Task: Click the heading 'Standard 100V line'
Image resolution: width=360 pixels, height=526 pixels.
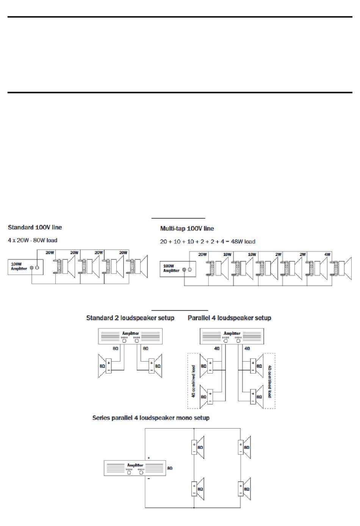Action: pyautogui.click(x=35, y=228)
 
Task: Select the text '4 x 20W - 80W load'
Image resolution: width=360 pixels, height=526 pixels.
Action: pyautogui.click(x=33, y=240)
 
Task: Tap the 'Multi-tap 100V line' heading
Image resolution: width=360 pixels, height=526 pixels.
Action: pyautogui.click(x=187, y=229)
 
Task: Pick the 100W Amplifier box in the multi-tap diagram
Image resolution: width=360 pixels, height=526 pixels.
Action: pyautogui.click(x=178, y=269)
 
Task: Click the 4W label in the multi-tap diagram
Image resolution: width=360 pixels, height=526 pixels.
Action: pyautogui.click(x=327, y=254)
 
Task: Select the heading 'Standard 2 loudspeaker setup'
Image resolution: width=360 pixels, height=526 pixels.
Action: pyautogui.click(x=130, y=318)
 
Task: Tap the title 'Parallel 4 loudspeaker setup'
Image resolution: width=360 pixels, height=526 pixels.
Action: pyautogui.click(x=229, y=318)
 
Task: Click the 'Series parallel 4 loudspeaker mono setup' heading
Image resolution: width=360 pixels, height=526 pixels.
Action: pyautogui.click(x=151, y=418)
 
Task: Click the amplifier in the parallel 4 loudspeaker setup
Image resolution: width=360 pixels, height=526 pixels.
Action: pyautogui.click(x=232, y=336)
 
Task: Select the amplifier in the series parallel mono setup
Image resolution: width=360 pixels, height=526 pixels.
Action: pyautogui.click(x=135, y=468)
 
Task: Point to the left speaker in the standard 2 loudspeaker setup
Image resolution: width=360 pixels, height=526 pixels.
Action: pyautogui.click(x=104, y=366)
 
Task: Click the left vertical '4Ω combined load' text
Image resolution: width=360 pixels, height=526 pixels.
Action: pyautogui.click(x=194, y=381)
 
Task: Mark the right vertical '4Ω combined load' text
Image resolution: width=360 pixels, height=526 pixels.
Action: pyautogui.click(x=269, y=381)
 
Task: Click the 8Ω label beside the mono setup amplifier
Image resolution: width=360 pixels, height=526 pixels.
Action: pyautogui.click(x=170, y=468)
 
